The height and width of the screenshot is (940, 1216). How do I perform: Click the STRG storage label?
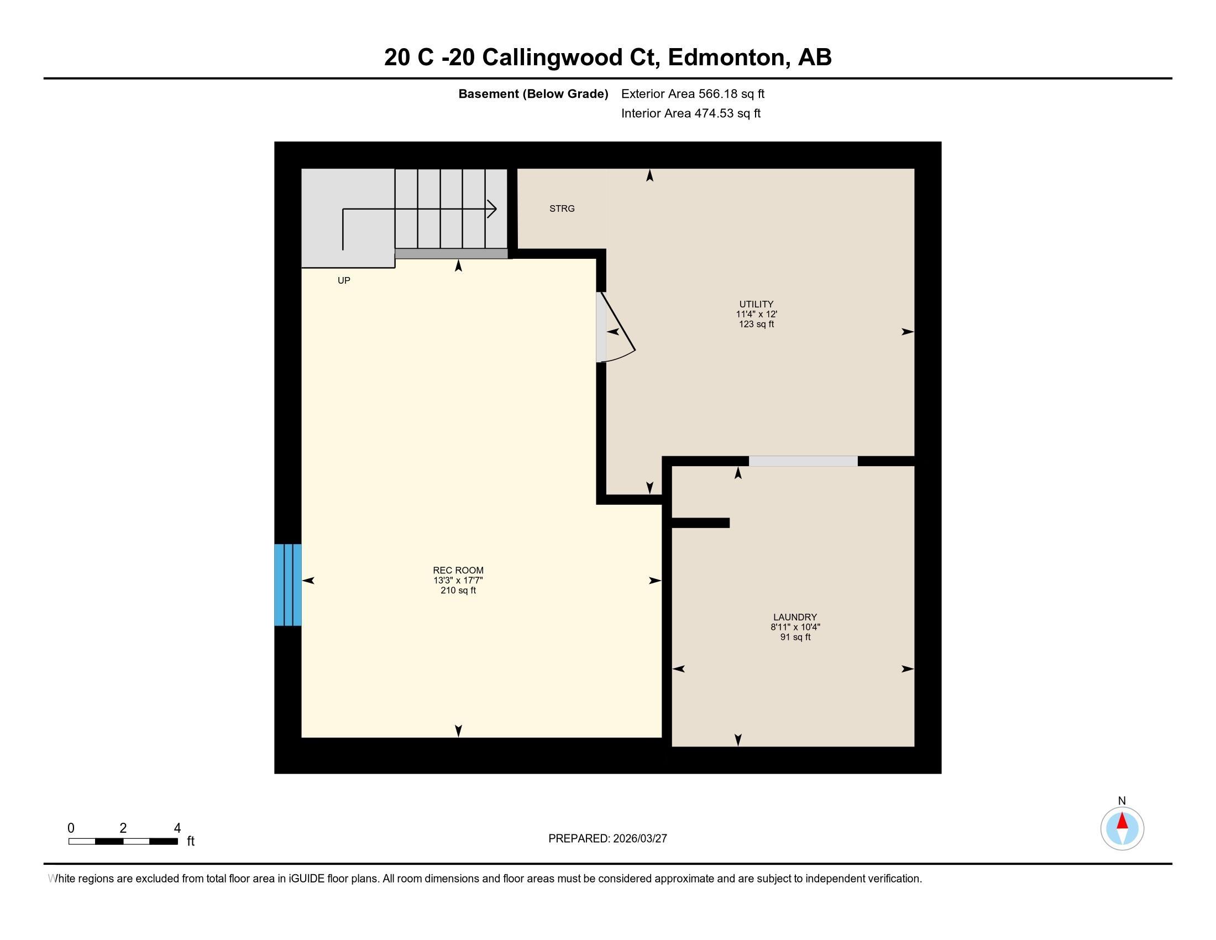561,208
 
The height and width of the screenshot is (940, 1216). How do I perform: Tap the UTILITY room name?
756,304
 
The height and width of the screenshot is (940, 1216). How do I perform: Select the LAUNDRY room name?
794,617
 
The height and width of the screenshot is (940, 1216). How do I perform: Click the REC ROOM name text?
458,570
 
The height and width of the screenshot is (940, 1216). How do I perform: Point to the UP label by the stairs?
344,281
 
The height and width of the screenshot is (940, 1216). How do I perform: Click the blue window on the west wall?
287,584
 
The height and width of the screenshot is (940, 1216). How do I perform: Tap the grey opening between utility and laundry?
803,461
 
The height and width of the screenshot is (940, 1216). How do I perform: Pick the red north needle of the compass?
1122,822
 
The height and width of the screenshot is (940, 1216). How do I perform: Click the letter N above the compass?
1121,801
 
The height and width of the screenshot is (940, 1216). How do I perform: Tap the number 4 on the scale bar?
177,828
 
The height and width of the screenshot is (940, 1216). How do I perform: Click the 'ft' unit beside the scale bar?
191,842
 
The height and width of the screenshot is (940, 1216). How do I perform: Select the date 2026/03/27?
639,839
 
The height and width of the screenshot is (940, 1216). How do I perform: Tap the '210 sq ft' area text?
458,591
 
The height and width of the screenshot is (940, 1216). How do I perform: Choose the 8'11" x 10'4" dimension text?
794,627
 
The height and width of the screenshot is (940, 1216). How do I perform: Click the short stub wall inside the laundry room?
700,523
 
